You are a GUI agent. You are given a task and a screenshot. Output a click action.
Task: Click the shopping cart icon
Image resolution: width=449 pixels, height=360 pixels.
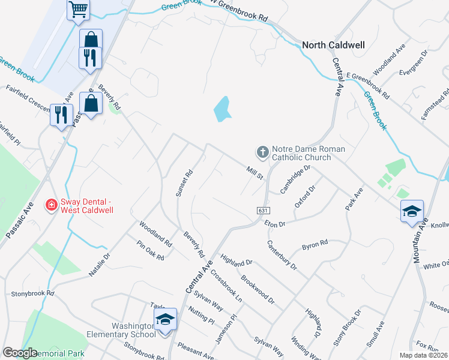(x=77, y=9)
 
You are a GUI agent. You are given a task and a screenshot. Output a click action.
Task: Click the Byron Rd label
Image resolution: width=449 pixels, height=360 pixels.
(x=315, y=244)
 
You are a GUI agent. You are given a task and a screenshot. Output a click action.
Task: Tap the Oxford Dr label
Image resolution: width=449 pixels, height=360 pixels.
(x=305, y=197)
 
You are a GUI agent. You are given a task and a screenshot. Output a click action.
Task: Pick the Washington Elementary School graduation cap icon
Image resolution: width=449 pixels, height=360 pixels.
(x=165, y=320)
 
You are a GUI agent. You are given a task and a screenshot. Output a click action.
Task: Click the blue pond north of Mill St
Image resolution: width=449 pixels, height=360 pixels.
(x=222, y=109)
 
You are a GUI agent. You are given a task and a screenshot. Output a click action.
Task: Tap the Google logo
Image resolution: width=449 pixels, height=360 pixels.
(x=20, y=353)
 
